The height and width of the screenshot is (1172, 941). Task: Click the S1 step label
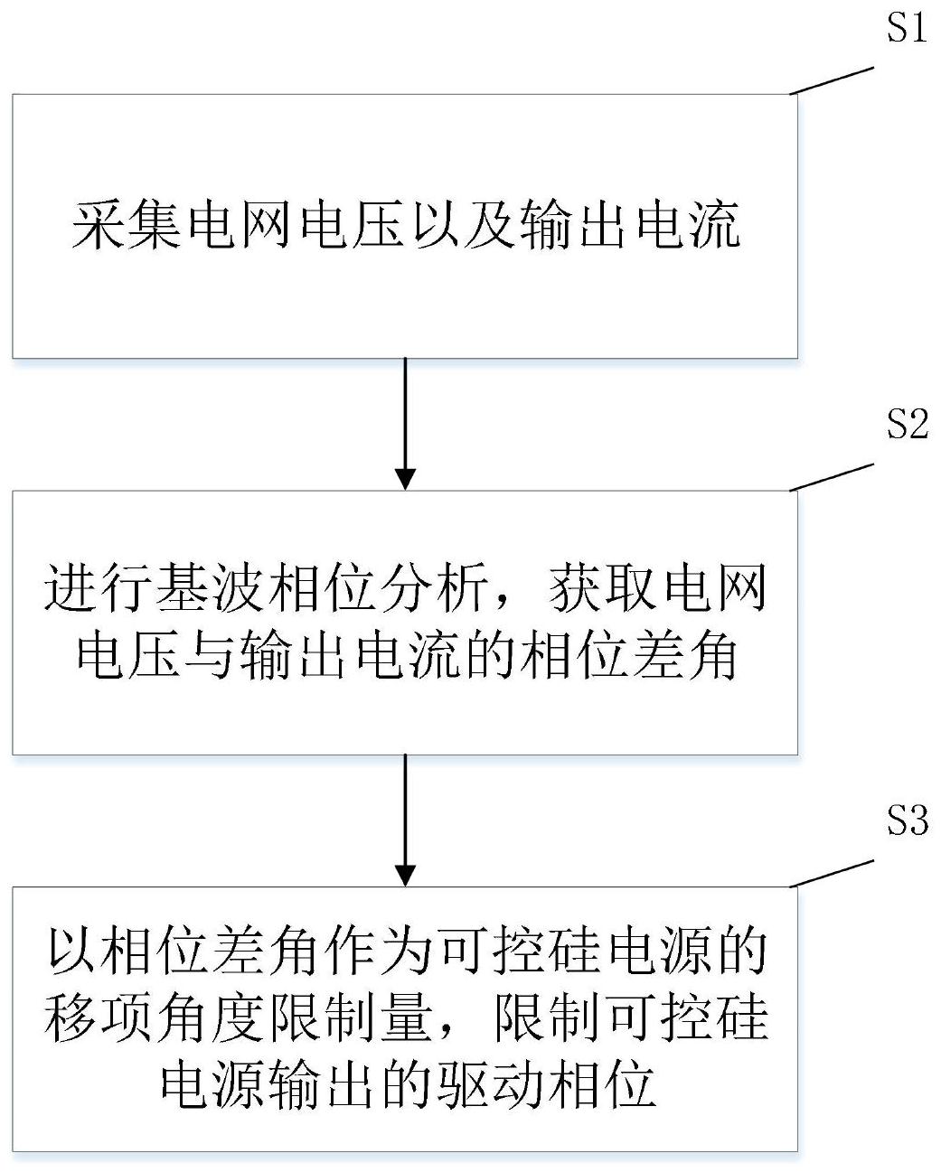click(906, 27)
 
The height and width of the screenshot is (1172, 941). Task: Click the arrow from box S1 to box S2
click(405, 424)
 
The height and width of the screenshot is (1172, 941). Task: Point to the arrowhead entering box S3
click(405, 876)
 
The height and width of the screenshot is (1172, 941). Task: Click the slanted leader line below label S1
click(832, 80)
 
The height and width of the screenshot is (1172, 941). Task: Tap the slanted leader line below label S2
click(832, 477)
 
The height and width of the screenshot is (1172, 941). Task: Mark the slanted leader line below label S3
click(832, 873)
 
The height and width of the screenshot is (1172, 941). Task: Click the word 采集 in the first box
click(127, 225)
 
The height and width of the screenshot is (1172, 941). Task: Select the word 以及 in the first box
click(465, 225)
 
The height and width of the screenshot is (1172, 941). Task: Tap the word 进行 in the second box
click(99, 588)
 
